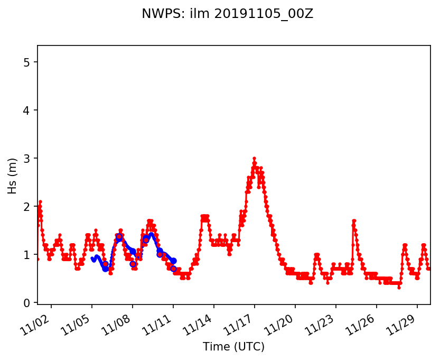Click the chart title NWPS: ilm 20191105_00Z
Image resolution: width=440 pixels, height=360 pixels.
(227, 14)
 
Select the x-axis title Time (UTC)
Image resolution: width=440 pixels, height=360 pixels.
(233, 347)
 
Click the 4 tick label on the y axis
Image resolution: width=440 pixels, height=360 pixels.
(27, 110)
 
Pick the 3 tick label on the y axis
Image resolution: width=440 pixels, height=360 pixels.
(27, 159)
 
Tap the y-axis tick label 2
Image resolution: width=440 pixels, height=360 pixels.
(27, 207)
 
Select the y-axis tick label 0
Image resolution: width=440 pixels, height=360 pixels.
(27, 303)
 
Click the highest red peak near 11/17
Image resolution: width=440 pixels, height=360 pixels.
(254, 159)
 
